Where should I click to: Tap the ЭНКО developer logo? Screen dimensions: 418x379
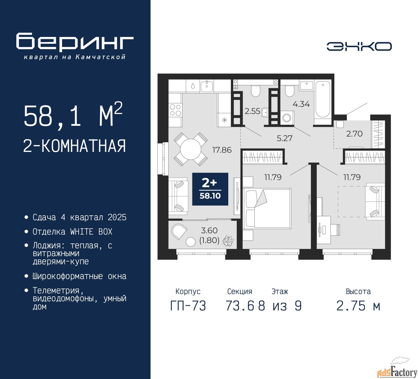click(359, 46)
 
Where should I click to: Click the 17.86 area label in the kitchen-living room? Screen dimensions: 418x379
click(222, 150)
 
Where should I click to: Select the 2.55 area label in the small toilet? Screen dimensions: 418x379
click(252, 111)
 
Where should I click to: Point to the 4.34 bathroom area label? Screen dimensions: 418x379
click(301, 104)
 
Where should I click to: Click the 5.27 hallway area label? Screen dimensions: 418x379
click(284, 138)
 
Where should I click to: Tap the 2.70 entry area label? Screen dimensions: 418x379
click(354, 134)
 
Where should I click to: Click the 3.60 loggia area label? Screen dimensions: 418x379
click(209, 231)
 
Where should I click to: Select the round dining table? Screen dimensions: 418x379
click(191, 149)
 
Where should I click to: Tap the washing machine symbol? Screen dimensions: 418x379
click(287, 118)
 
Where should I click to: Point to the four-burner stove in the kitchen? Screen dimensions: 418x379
click(175, 110)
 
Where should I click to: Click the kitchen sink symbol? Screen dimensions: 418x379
click(207, 87)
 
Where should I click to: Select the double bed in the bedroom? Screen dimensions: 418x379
click(267, 208)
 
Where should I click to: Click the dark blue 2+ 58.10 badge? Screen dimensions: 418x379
click(210, 189)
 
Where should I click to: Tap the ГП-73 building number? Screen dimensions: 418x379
click(188, 306)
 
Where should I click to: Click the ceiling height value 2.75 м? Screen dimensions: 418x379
click(358, 306)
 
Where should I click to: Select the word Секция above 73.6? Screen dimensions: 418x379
click(240, 291)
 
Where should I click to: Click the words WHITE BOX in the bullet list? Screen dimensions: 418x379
click(91, 232)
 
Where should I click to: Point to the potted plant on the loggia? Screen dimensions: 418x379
click(228, 241)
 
